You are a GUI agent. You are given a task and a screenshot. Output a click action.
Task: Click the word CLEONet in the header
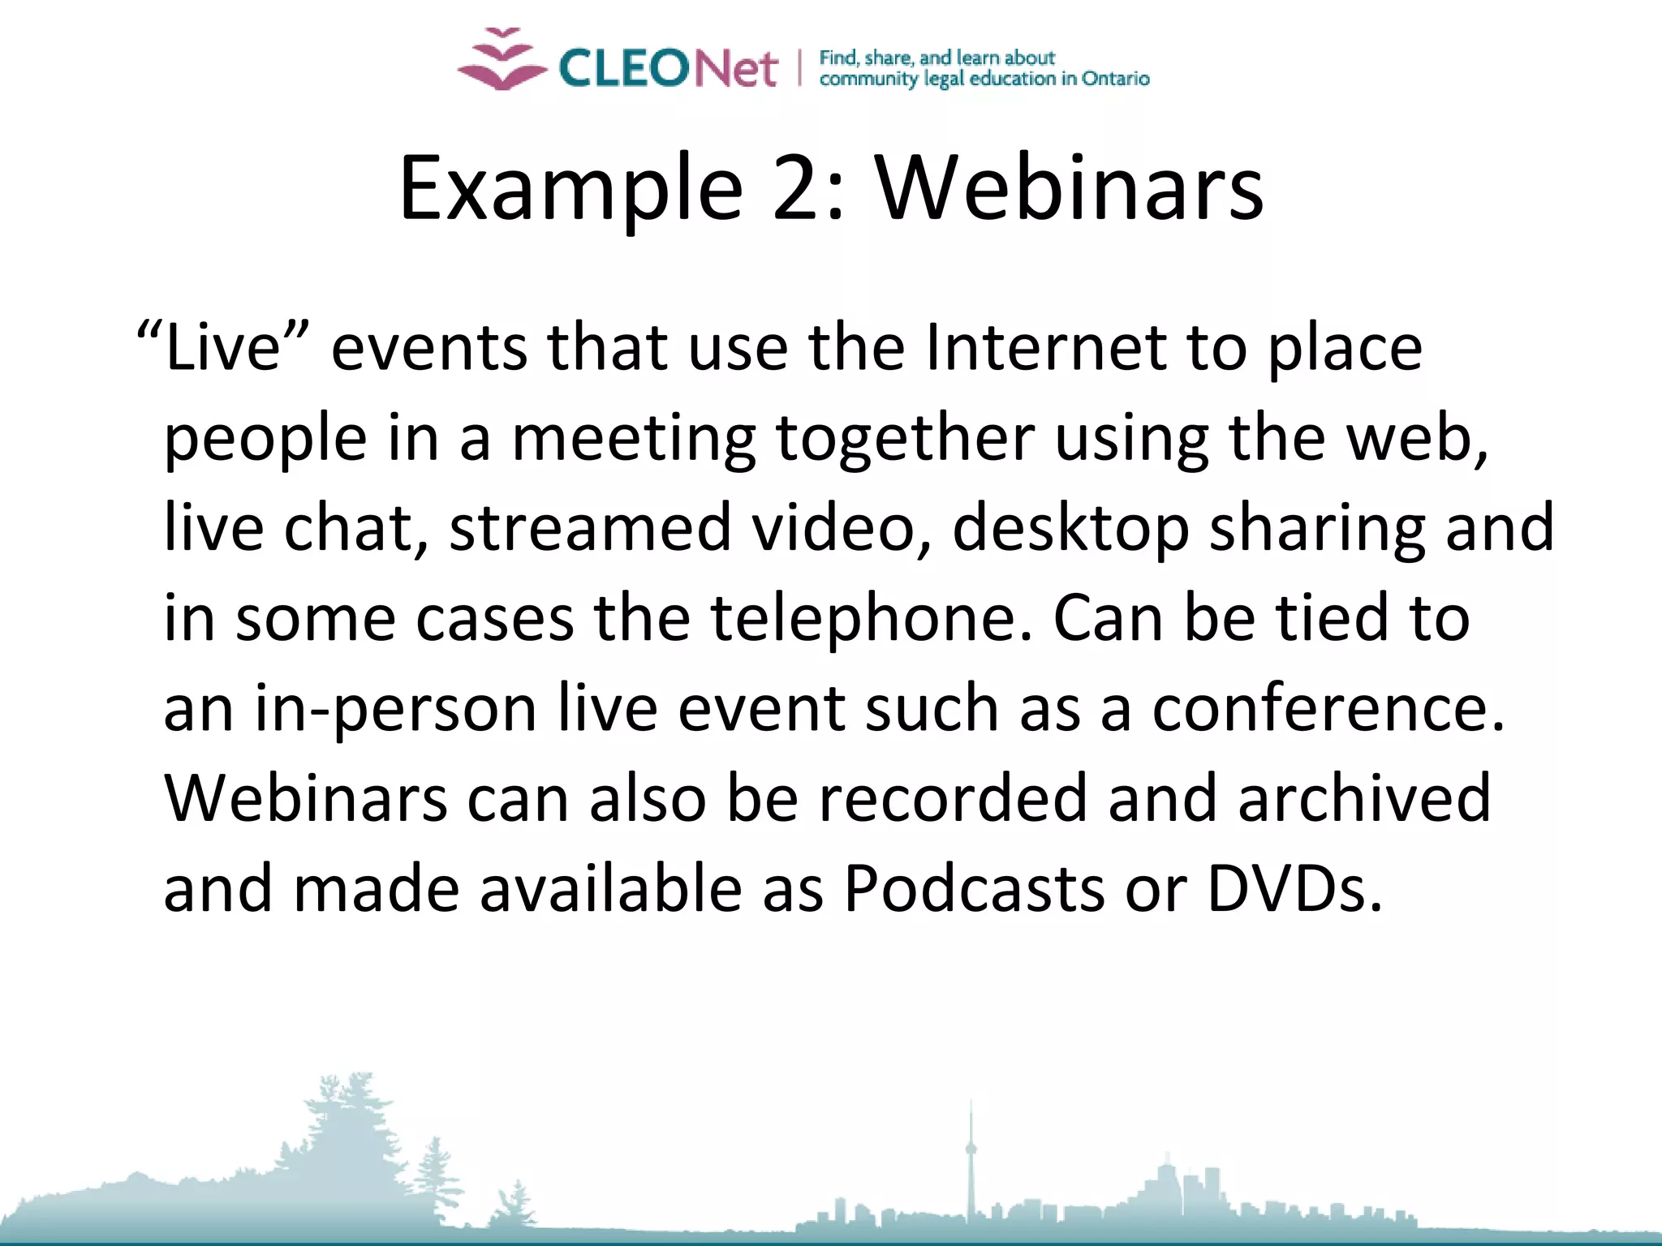click(668, 67)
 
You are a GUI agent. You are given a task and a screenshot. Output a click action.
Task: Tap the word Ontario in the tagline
click(1115, 79)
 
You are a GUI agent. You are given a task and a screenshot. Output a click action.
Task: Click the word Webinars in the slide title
click(1069, 188)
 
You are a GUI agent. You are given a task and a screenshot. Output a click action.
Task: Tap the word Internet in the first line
click(1045, 347)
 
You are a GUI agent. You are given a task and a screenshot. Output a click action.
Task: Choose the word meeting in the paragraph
click(634, 439)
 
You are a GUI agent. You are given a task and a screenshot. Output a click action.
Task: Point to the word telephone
click(872, 618)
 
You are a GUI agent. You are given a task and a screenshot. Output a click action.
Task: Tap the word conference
click(1328, 708)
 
